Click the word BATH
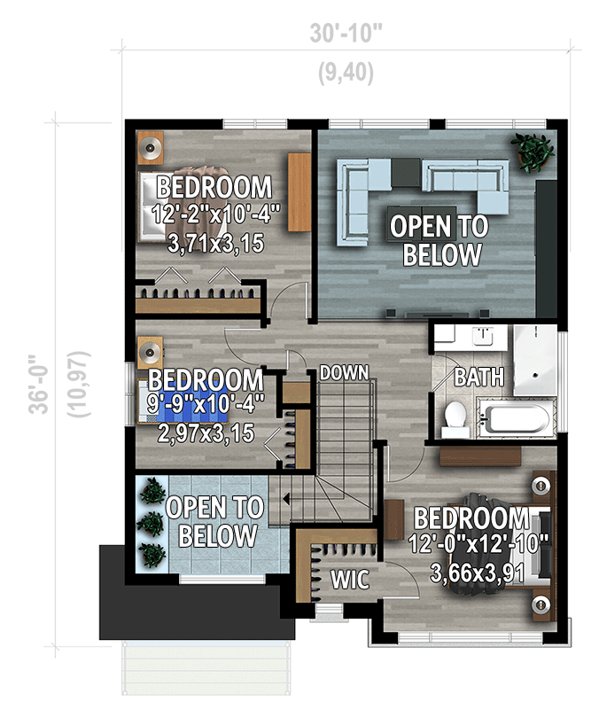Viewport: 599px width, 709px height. coord(478,377)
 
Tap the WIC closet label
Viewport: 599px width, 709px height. coord(350,580)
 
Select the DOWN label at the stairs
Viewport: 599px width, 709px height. coord(344,372)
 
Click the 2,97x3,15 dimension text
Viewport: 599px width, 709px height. coord(206,433)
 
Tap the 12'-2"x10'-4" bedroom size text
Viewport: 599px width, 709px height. coord(215,214)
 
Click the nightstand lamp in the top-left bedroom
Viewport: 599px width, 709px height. coord(150,147)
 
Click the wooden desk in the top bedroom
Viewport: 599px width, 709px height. coord(299,192)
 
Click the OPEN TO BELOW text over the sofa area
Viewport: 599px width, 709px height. coord(440,240)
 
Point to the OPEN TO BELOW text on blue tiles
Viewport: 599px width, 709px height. coord(216,521)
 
